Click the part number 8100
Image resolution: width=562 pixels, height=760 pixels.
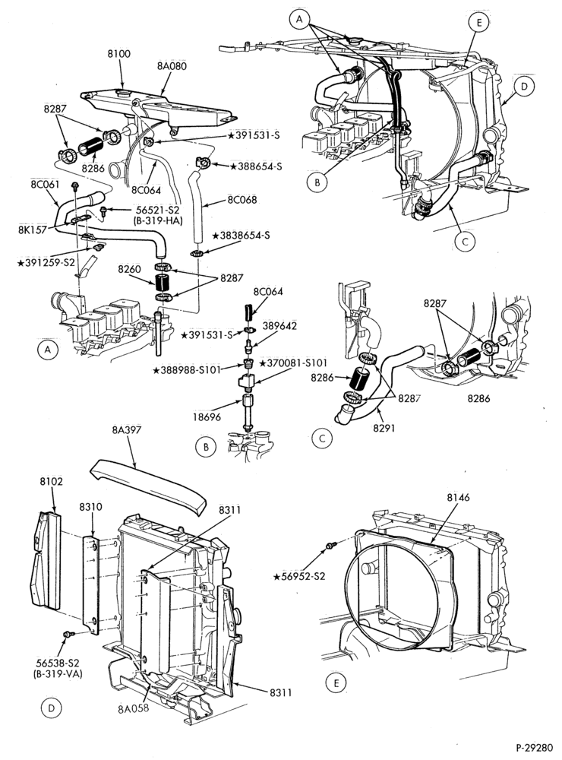tap(118, 53)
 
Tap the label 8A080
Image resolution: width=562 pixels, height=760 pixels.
tap(172, 65)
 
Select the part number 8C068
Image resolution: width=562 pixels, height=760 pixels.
tap(242, 200)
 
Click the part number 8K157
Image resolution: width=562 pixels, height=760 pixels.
tap(32, 229)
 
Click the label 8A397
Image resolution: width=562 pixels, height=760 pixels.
tap(126, 429)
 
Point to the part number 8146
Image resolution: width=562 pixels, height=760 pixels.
tap(458, 497)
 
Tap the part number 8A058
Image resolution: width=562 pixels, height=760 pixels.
tap(133, 708)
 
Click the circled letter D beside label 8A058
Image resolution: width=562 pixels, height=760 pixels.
tap(52, 708)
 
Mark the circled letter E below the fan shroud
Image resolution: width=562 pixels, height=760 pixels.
tap(336, 683)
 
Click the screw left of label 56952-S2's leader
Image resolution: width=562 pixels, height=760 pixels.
tap(330, 546)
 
